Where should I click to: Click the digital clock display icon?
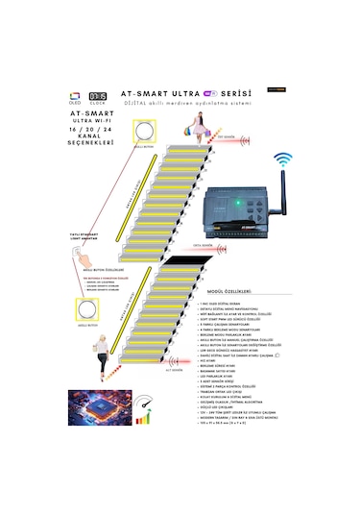98,98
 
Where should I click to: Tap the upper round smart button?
144,131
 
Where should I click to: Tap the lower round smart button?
84,308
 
